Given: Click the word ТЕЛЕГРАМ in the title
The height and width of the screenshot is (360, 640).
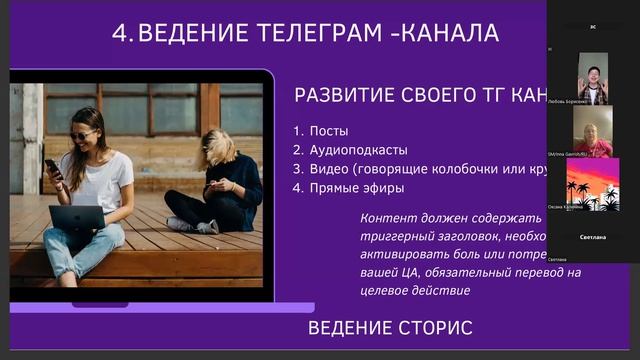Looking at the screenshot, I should (316, 33).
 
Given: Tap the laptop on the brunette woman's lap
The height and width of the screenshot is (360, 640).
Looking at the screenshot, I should (78, 217).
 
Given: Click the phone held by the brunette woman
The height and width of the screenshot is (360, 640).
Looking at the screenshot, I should (52, 167).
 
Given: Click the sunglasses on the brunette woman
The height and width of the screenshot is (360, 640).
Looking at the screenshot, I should (84, 134).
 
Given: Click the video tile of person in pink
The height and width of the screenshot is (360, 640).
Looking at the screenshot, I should (592, 131).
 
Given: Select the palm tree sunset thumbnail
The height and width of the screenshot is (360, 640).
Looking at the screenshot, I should (592, 184).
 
